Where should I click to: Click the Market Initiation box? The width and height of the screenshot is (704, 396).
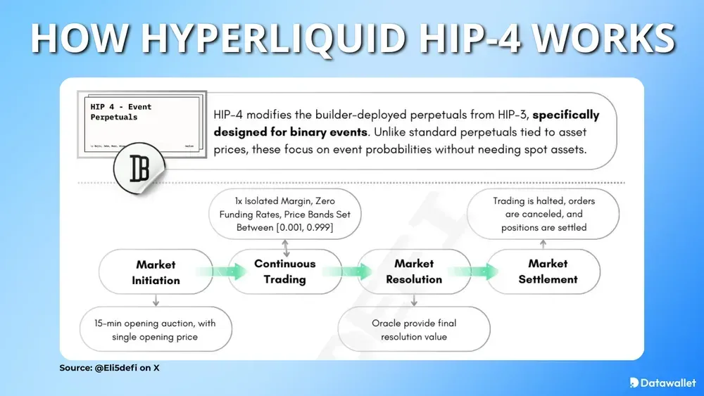tap(156, 272)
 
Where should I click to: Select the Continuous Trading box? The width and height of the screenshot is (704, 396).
tap(284, 272)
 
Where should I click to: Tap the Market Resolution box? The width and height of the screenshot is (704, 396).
tap(414, 271)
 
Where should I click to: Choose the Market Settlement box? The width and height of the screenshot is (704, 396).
tap(547, 271)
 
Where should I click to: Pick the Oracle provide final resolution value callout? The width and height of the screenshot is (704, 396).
tap(414, 330)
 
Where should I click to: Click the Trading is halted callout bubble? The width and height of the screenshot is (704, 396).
tap(543, 214)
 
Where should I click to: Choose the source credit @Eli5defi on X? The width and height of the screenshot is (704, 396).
tap(109, 368)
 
